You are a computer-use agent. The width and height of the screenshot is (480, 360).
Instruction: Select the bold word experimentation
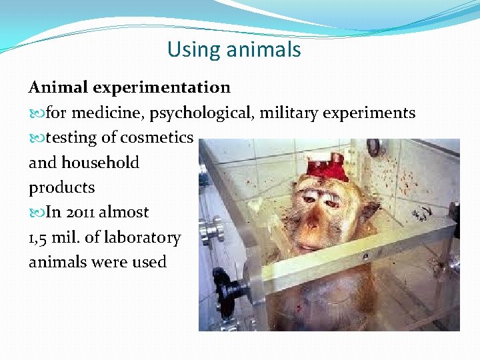162,87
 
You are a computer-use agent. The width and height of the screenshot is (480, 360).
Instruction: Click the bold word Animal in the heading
59,87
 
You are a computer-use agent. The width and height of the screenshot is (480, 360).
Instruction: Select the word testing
71,138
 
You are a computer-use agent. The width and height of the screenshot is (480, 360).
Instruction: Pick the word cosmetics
157,138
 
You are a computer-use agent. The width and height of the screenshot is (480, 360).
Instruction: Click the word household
100,163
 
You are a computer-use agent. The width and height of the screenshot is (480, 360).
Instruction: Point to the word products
61,187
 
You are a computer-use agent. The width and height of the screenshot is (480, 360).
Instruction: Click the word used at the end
149,262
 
